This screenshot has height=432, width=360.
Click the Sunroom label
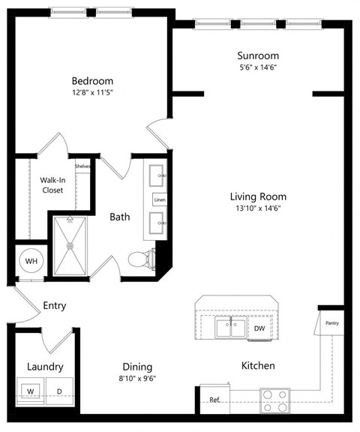258,55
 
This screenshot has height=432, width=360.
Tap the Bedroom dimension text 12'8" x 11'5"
92,94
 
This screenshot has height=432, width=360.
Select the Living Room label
258,197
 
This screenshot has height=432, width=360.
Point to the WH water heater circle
31,260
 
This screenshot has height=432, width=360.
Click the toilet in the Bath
139,259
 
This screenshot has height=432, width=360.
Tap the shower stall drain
70,244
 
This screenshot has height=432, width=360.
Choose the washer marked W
31,391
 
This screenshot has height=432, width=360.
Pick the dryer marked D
58,391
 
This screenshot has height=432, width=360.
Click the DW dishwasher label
259,328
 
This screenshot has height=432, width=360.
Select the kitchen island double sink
230,327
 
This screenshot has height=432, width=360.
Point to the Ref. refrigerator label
214,400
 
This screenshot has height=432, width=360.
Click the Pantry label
332,322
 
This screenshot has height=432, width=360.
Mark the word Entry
55,306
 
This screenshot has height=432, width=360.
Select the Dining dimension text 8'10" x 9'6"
137,379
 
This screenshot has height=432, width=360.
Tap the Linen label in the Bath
160,200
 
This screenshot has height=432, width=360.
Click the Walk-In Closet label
52,185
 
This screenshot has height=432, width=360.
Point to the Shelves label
82,166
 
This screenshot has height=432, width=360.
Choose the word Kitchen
257,366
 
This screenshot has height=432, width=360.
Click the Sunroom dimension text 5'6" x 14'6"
258,68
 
